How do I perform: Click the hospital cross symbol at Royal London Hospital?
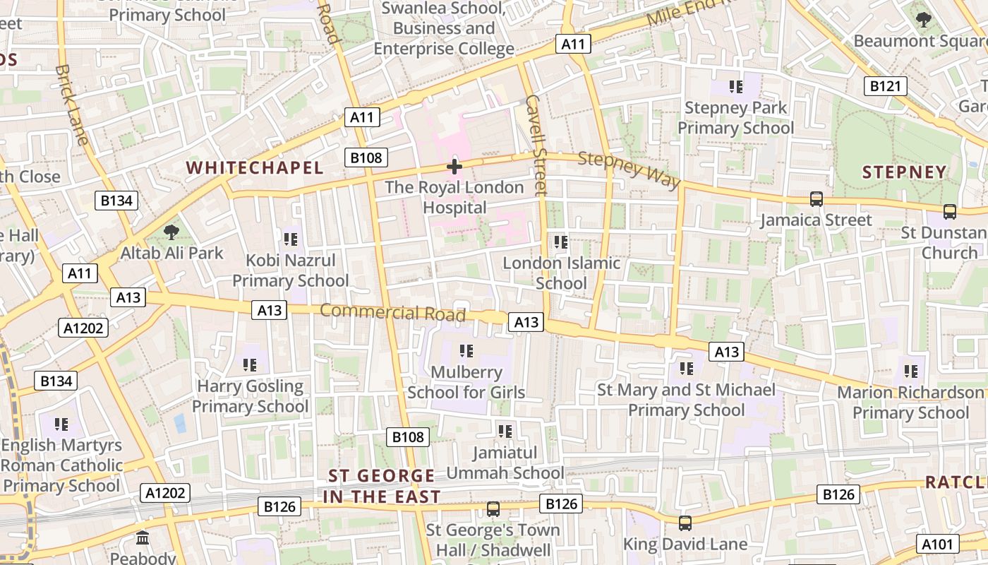click(x=454, y=167)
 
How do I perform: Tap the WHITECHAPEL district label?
click(x=254, y=167)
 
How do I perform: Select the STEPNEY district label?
click(x=904, y=172)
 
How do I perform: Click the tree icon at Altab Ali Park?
click(x=171, y=232)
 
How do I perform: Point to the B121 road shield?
click(x=885, y=86)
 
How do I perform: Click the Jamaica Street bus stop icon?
click(x=817, y=199)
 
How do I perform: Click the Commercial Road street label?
click(x=393, y=311)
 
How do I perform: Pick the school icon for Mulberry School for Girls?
click(x=466, y=350)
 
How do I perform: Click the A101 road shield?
click(x=938, y=544)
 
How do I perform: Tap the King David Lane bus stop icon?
click(x=685, y=523)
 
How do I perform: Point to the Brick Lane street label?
click(x=71, y=105)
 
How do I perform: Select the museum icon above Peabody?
click(x=143, y=538)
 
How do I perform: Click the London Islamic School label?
click(x=561, y=273)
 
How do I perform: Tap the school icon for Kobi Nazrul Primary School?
click(x=290, y=239)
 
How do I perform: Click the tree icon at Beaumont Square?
click(x=923, y=20)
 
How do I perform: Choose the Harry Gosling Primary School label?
click(x=251, y=396)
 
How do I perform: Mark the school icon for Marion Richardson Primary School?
click(x=911, y=371)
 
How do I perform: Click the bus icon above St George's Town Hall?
click(x=493, y=509)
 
